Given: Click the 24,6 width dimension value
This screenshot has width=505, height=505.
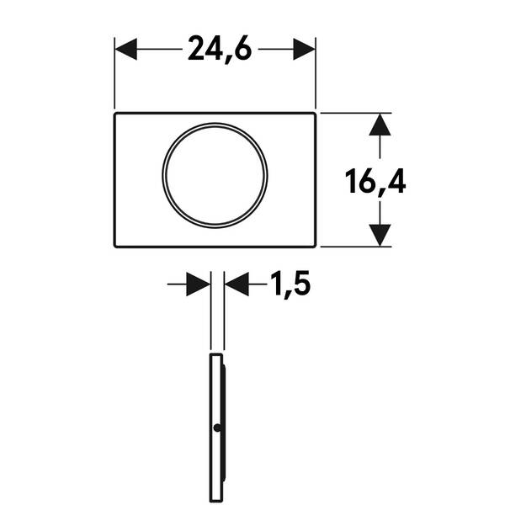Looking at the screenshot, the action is (x=220, y=50).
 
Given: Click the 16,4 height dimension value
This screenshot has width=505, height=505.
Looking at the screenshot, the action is (x=375, y=182).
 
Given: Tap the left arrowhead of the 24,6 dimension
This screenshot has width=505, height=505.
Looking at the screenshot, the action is (x=126, y=49).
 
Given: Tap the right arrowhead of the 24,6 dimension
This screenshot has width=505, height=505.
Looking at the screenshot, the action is (x=304, y=49).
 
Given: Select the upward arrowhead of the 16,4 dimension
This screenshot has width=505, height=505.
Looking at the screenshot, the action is (x=380, y=125).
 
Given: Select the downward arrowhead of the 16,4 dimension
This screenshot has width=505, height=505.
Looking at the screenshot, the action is (x=380, y=236).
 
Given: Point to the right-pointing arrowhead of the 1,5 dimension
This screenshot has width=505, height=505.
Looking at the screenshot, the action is (x=199, y=284).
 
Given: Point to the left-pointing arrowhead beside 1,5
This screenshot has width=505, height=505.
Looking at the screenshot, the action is (x=237, y=284).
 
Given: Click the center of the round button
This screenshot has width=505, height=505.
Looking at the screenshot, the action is (x=215, y=176).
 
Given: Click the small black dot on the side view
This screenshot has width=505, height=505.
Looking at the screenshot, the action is (x=217, y=428).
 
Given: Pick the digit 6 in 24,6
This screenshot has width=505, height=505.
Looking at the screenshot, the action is (x=242, y=48).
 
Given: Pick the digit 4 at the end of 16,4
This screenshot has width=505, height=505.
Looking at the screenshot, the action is (x=396, y=181).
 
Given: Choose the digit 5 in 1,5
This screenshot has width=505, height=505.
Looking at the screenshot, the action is (x=300, y=283).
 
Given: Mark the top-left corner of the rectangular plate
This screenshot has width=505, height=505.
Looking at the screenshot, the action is (x=115, y=113).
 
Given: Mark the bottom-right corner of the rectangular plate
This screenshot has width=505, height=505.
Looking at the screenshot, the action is (x=315, y=247).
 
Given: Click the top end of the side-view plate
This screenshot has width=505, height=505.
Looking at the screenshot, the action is (x=216, y=354).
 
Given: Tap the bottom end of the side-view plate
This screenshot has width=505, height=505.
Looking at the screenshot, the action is (x=216, y=502).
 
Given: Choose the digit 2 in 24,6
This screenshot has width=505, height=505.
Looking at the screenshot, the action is (x=196, y=48).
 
